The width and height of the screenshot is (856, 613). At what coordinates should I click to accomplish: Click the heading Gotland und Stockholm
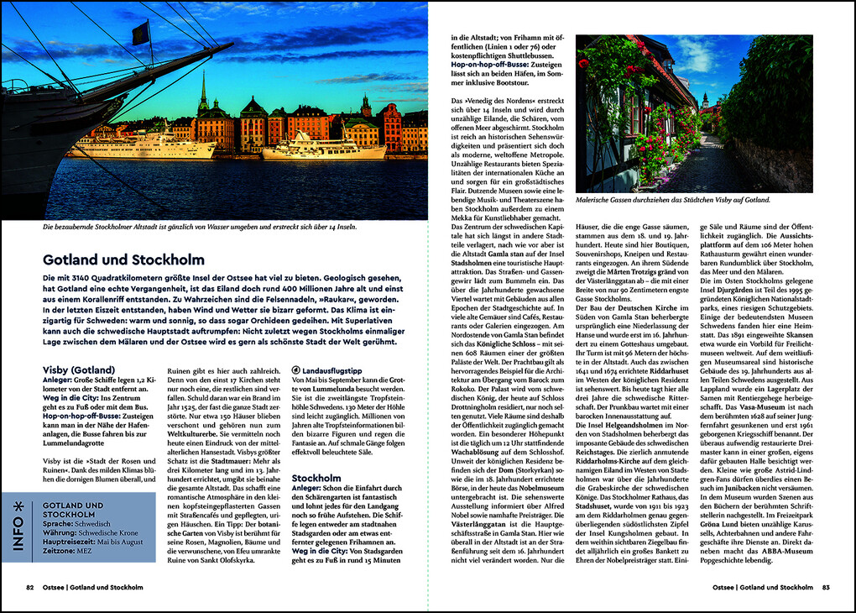(x=123, y=260)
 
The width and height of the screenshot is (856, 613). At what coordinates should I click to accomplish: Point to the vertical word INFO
(x=18, y=537)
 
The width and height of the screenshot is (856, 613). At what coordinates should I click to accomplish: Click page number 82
(x=29, y=588)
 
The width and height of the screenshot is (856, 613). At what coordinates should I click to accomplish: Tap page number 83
(x=826, y=588)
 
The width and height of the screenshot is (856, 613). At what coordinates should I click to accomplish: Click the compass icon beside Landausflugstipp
(x=295, y=369)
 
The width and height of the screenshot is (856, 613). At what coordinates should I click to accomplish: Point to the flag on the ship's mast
(x=140, y=34)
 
